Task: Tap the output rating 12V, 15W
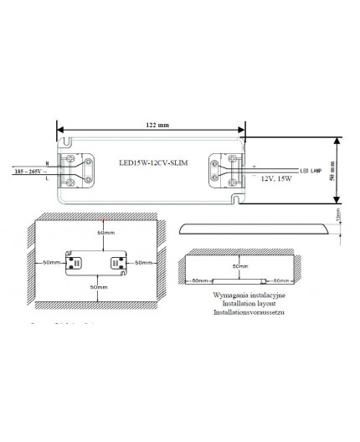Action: [278, 178]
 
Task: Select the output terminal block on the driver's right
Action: [228, 170]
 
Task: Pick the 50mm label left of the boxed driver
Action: [53, 262]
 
